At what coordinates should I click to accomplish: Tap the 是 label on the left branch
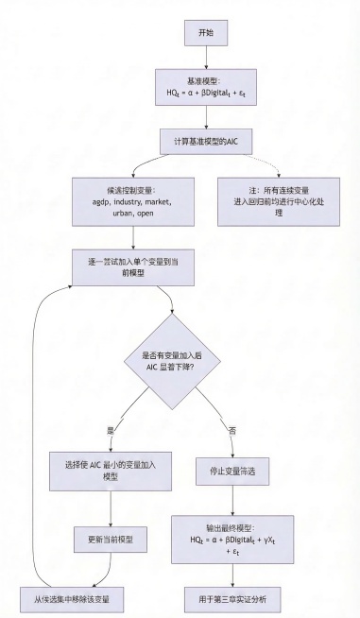[x=110, y=429]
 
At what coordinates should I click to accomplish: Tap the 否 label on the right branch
[x=233, y=429]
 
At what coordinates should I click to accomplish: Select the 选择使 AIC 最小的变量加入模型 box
[x=112, y=470]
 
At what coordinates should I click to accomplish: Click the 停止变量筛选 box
[x=231, y=470]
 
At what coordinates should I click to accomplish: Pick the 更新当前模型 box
[x=112, y=540]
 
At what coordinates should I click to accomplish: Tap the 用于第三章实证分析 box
[x=231, y=598]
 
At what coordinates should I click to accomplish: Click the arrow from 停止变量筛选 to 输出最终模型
[x=231, y=499]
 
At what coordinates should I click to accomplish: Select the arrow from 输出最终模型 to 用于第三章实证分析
[x=231, y=573]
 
